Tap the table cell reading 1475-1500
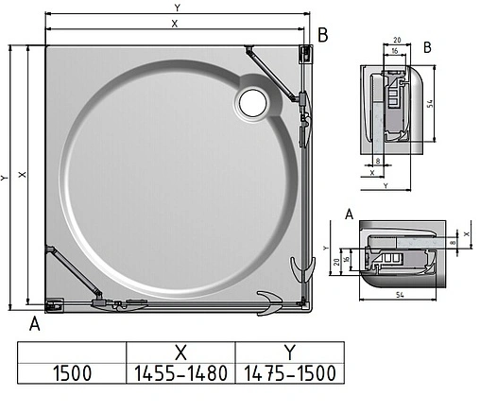coord(288,371)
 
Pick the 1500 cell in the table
coord(71,371)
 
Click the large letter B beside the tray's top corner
coord(322,35)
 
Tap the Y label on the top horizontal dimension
coord(176,8)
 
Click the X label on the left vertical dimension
coord(24,175)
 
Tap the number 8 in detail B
coord(378,162)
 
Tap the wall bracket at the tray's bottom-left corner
coord(54,304)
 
